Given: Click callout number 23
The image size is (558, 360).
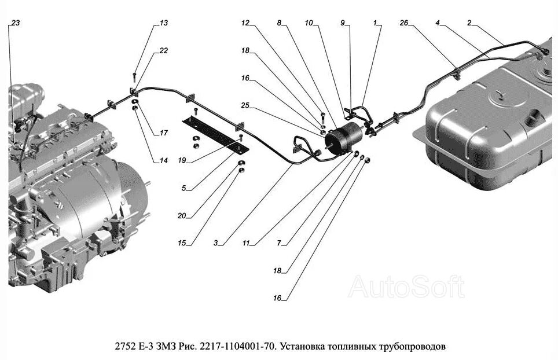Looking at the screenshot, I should click(x=15, y=23).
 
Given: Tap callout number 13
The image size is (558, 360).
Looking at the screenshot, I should click(x=164, y=23).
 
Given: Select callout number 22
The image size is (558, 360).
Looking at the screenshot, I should click(x=164, y=51).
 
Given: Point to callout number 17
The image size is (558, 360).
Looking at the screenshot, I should click(x=164, y=133).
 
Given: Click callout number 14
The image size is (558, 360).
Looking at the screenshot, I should click(x=164, y=161).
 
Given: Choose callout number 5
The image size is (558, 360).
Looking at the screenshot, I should click(x=184, y=188).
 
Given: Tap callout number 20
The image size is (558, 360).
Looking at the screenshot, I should click(x=182, y=216).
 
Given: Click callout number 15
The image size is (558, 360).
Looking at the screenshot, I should click(x=182, y=244).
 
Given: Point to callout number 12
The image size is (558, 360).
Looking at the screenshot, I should click(x=245, y=23).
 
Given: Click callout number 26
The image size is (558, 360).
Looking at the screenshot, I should click(x=403, y=23).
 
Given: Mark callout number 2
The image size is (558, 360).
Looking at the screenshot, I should click(x=469, y=23).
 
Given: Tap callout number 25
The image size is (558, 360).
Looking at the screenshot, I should click(x=245, y=106).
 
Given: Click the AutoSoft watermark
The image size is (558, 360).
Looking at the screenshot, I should click(x=406, y=286).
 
